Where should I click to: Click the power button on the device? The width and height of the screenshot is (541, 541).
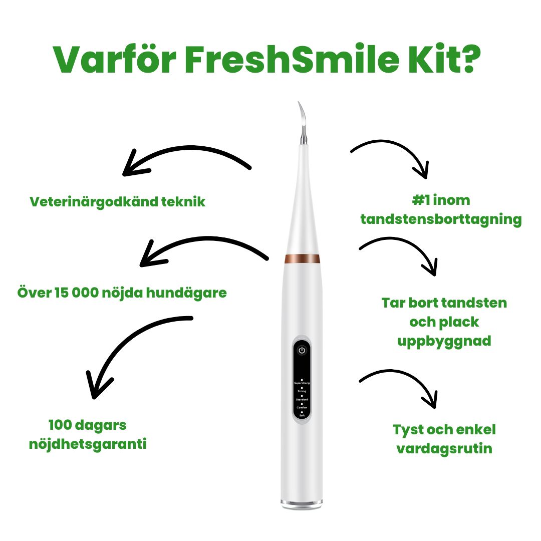[x=302, y=350]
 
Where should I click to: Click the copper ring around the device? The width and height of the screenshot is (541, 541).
[x=302, y=258]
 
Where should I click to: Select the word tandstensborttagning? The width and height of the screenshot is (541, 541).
[x=441, y=219]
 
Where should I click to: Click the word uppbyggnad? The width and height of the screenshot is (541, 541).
[x=444, y=341]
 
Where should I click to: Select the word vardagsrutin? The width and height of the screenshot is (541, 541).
[x=444, y=448]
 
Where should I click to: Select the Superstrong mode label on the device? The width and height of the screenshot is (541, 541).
[x=302, y=383]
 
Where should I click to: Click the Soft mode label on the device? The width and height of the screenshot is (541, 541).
[x=302, y=416]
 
